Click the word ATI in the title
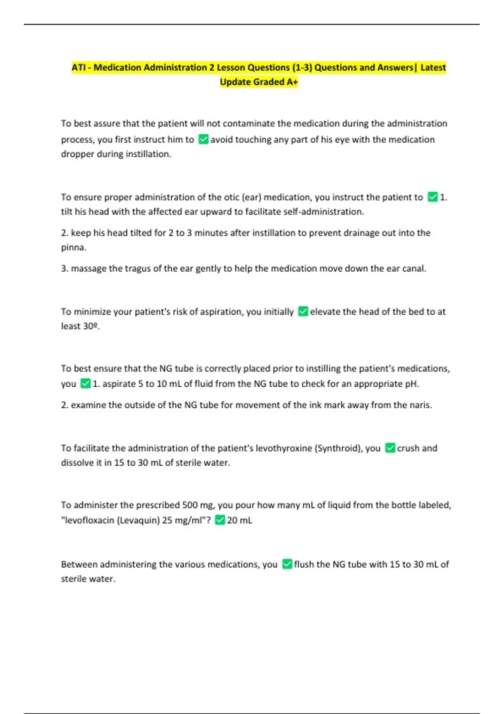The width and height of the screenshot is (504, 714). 78,68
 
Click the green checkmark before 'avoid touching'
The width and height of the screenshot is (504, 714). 203,139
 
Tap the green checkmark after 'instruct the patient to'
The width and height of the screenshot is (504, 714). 433,197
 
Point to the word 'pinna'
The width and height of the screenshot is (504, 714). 73,248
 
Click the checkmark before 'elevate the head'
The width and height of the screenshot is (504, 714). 303,312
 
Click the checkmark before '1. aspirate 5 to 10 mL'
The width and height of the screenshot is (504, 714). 85,383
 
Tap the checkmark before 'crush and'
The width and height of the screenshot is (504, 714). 390,448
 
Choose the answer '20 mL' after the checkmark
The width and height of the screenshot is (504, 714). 239,520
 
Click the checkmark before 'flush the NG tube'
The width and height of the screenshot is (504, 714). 287,564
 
